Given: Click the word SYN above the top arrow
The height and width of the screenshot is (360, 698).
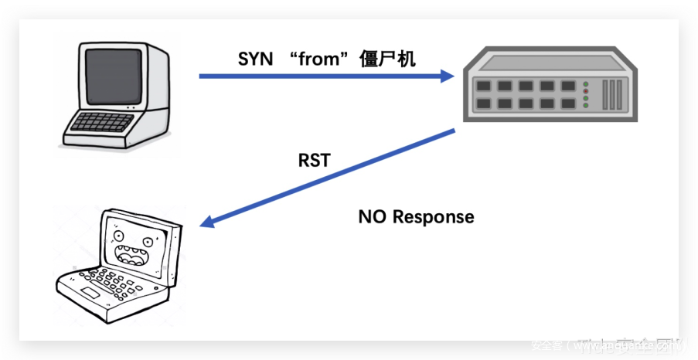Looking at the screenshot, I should coord(256,59).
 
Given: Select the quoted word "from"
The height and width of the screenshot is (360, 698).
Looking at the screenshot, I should coord(318,59).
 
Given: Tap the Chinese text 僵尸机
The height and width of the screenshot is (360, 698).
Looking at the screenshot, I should coord(388,59).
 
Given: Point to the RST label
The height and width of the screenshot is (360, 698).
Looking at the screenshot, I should coord(314,161).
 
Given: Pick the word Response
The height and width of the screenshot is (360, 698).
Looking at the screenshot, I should coord(433,217).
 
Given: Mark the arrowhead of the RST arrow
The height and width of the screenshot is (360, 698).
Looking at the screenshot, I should coord(207,224).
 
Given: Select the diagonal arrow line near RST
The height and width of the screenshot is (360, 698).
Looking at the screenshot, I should coord(332,178).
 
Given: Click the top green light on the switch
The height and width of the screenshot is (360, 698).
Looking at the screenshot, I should coord(585,84).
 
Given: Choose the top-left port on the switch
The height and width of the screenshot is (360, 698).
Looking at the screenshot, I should coord(483,86).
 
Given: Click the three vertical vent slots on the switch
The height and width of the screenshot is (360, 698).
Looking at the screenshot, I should coord(612,93).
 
